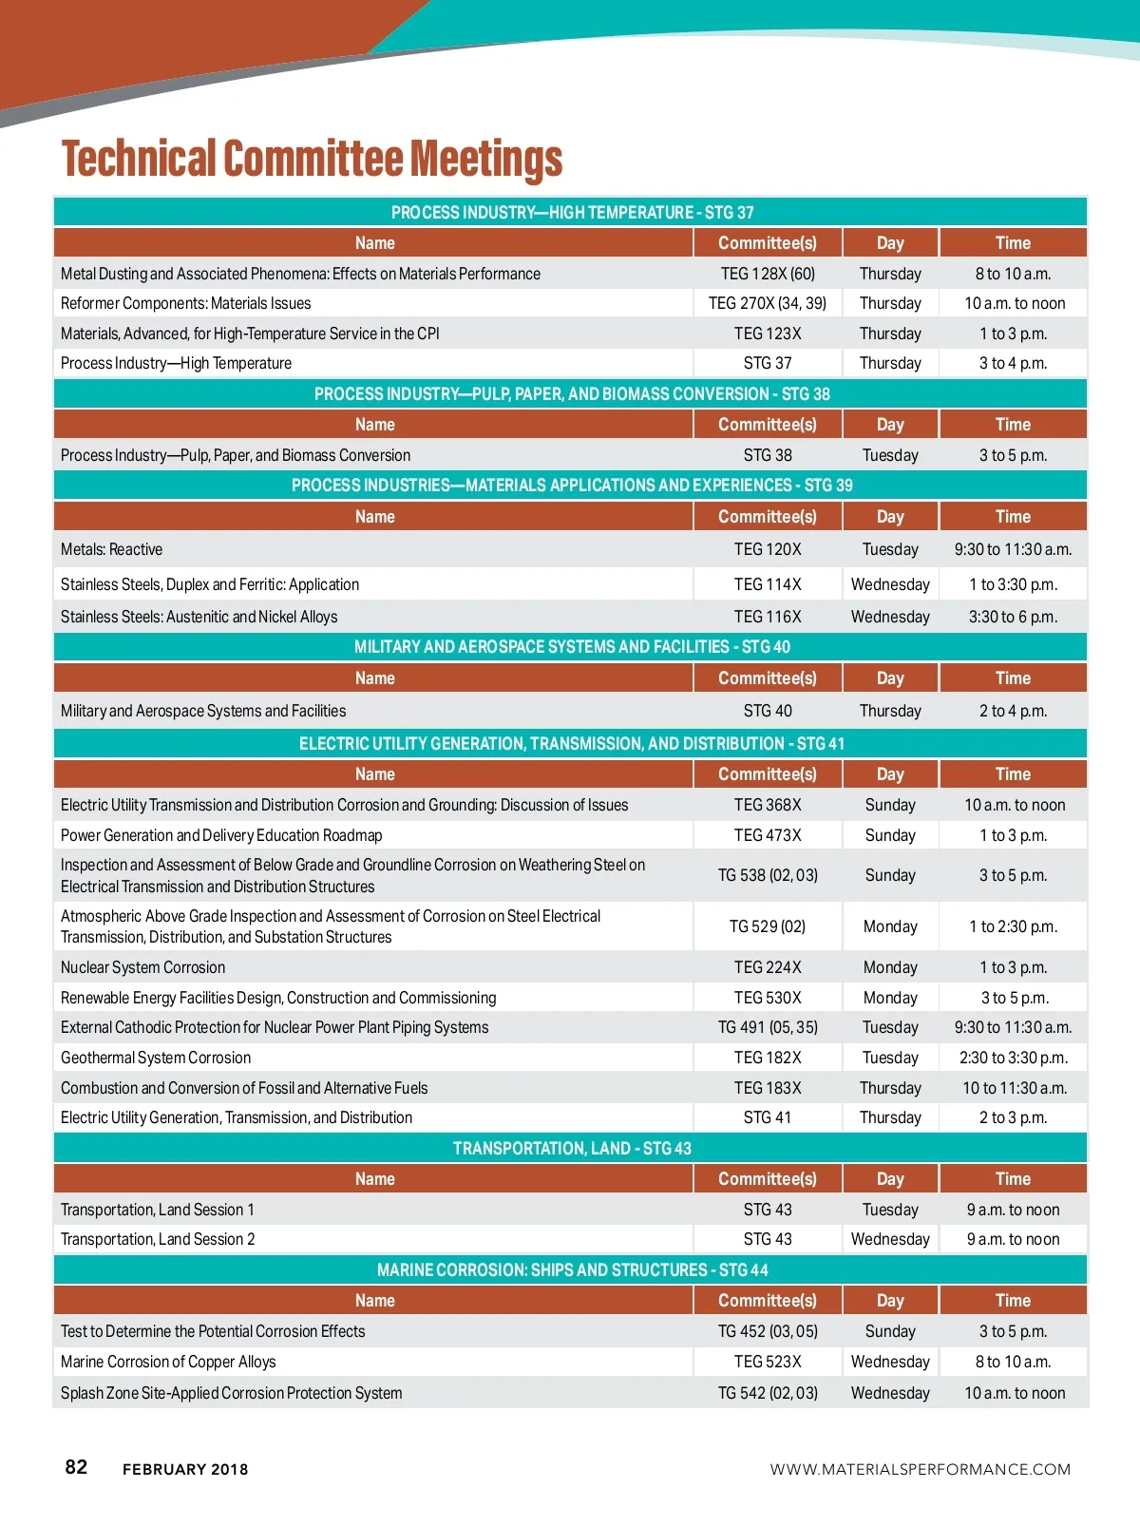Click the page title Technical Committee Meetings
[x=312, y=159]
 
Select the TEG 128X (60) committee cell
[x=768, y=274]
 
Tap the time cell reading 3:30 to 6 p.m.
[x=1013, y=617]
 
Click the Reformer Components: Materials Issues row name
[x=186, y=303]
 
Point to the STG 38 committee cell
[x=768, y=455]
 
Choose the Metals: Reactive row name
[x=112, y=549]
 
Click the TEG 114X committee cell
[x=768, y=584]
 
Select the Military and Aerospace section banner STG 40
[x=571, y=647]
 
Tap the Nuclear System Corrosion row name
[x=143, y=967]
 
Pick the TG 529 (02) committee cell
[x=768, y=926]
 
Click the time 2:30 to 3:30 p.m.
[x=1013, y=1058]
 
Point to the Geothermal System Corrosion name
[x=156, y=1058]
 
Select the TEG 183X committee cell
[x=768, y=1088]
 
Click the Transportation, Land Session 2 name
[x=158, y=1239]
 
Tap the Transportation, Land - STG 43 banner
[x=571, y=1149]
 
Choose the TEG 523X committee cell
[x=768, y=1362]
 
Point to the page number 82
[x=76, y=1467]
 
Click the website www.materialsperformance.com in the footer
[x=920, y=1469]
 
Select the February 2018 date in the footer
[x=185, y=1469]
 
